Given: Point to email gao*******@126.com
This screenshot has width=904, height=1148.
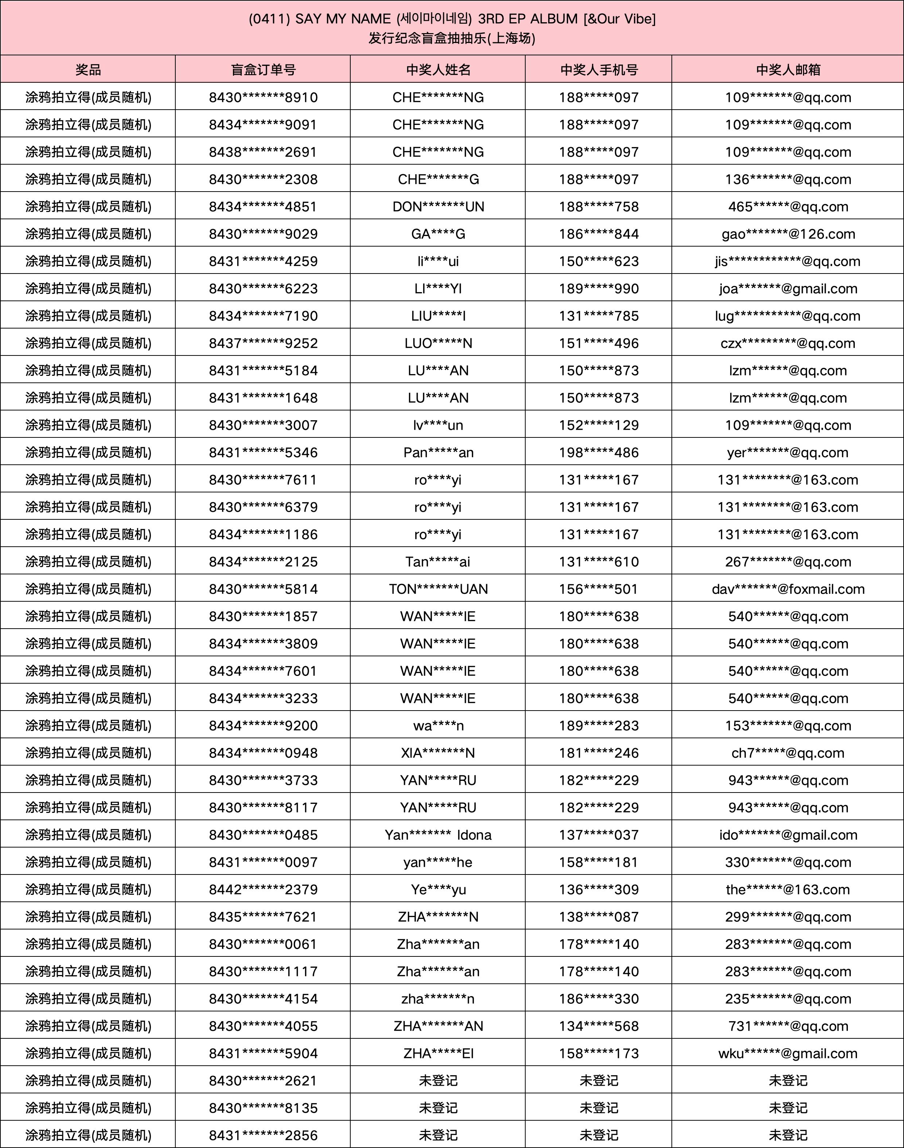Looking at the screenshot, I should click(788, 234).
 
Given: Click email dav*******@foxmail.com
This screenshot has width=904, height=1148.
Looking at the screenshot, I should click(788, 589).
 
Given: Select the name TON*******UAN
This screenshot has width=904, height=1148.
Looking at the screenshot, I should click(438, 589).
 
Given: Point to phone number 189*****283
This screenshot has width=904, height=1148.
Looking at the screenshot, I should click(599, 726).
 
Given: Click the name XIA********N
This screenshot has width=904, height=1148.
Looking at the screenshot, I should click(438, 753).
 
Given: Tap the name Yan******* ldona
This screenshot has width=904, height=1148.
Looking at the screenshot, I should click(438, 835).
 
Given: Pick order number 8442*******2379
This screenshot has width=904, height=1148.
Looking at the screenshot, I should click(263, 889).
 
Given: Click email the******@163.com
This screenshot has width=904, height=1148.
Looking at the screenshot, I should click(788, 889).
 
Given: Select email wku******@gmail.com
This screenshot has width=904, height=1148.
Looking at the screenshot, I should click(788, 1053).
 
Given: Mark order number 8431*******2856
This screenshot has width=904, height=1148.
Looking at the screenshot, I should click(263, 1135).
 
